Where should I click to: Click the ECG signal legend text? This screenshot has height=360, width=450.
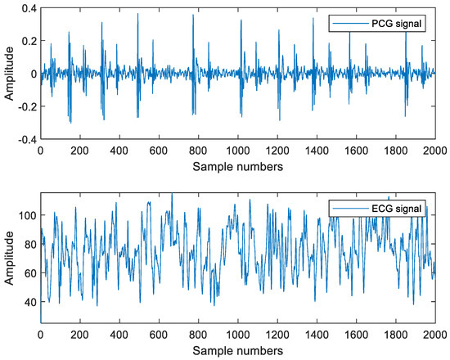point(398,209)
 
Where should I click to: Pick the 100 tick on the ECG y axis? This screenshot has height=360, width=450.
point(26,214)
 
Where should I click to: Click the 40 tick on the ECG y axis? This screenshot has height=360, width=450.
point(29,303)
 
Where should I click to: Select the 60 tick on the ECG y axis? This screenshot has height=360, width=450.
point(29,273)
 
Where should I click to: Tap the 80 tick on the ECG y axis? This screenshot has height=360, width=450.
point(29,244)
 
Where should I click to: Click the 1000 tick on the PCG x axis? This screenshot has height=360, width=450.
point(238,151)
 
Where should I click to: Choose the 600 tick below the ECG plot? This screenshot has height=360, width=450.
point(159,335)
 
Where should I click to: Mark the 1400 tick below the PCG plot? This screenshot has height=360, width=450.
point(317,151)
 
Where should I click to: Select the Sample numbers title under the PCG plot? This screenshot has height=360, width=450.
point(238,166)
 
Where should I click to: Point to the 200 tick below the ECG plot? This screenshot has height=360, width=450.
point(80,335)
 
